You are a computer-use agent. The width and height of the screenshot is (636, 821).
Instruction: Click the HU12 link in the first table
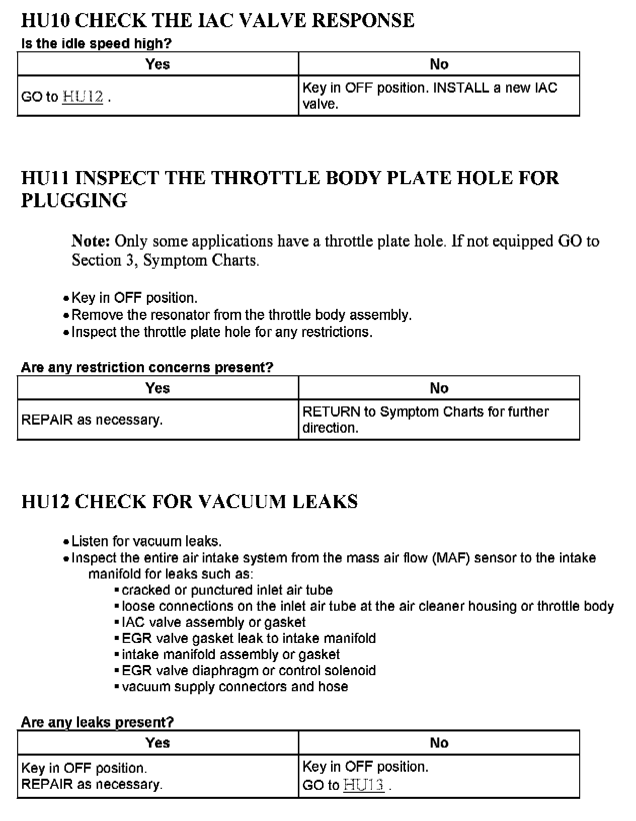click(x=83, y=97)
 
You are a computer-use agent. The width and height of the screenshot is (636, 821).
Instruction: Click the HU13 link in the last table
click(x=364, y=785)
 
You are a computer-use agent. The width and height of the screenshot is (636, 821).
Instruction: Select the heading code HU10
click(x=45, y=21)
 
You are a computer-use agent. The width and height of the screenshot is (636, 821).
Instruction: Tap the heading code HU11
click(x=45, y=178)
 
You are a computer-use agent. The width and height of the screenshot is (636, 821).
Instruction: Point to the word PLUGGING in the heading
click(x=74, y=201)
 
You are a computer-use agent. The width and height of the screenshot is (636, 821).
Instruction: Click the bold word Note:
click(x=91, y=241)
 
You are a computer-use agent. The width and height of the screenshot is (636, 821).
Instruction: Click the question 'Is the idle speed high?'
click(x=96, y=43)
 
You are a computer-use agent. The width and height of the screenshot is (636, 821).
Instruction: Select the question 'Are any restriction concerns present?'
click(x=147, y=367)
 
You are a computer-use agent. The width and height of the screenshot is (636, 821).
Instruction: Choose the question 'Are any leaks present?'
click(x=97, y=722)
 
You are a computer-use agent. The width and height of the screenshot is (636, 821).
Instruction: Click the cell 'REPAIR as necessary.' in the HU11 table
click(x=92, y=420)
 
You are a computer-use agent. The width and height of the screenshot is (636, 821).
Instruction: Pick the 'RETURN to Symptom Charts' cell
click(x=425, y=420)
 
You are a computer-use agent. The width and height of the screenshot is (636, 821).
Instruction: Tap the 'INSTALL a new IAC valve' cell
click(x=430, y=96)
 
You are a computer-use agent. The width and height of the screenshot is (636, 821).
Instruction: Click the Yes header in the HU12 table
click(x=157, y=743)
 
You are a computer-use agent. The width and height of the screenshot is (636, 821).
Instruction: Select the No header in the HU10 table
click(x=439, y=64)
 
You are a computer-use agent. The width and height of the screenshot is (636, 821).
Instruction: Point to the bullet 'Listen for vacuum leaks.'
click(x=146, y=541)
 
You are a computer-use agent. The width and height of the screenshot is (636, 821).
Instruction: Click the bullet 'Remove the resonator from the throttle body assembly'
click(x=242, y=315)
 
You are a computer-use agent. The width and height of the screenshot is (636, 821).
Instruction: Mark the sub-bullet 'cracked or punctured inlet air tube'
click(x=227, y=590)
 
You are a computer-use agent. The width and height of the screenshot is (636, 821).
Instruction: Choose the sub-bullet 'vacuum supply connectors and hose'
click(x=234, y=687)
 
